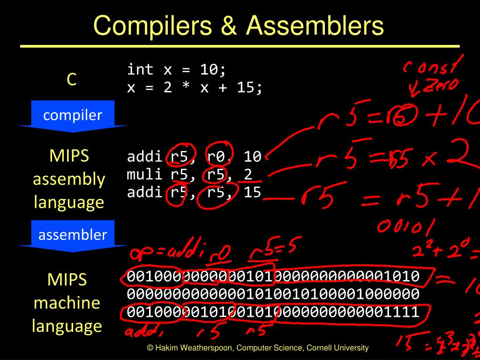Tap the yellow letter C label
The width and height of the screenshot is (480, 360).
coord(71,80)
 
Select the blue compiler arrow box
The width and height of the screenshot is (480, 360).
coord(73,115)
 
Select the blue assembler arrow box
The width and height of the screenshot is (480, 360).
coord(73,235)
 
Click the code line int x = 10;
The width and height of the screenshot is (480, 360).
coord(177,69)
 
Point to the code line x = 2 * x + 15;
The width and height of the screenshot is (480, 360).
coord(195,87)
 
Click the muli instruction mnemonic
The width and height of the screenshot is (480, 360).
coord(144,174)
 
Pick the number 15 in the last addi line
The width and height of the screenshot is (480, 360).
coord(252,192)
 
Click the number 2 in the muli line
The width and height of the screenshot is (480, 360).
coord(248,174)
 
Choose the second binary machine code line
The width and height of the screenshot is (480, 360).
coord(273,294)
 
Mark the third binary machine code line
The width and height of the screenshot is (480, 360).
coord(273,312)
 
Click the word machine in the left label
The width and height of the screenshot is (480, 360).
coord(67,302)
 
